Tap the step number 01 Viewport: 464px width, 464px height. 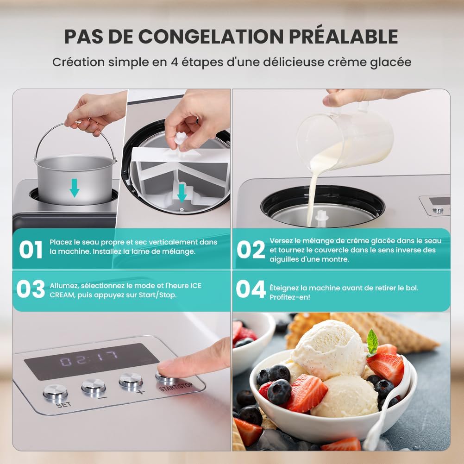[31, 250]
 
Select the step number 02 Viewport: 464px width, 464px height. [251, 250]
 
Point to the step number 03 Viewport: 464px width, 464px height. [31, 289]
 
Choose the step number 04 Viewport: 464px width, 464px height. [251, 289]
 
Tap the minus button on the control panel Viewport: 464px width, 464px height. [94, 386]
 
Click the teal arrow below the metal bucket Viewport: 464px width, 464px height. [74, 188]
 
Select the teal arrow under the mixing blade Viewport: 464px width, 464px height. [182, 193]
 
